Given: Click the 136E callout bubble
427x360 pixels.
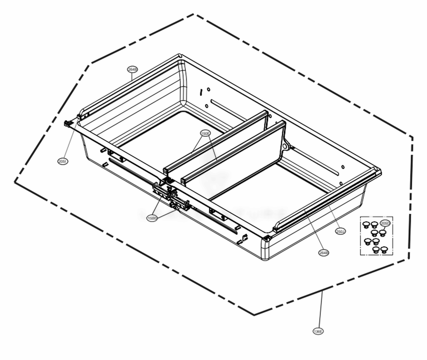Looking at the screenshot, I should pyautogui.click(x=318, y=331).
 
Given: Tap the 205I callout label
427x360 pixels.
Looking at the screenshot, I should pyautogui.click(x=62, y=161).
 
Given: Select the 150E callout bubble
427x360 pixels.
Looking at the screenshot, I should pyautogui.click(x=205, y=134).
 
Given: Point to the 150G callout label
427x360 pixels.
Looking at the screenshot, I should pyautogui.click(x=152, y=218).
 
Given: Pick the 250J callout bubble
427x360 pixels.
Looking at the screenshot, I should pyautogui.click(x=340, y=231).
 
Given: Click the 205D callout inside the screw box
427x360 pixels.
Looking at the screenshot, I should pyautogui.click(x=385, y=224).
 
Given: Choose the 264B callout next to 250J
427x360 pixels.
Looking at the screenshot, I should pyautogui.click(x=324, y=253).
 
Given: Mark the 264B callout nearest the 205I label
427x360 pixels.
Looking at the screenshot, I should pyautogui.click(x=132, y=69).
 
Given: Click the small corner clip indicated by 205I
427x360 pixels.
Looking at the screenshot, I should pyautogui.click(x=67, y=123).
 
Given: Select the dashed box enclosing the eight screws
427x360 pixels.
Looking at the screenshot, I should pyautogui.click(x=376, y=236).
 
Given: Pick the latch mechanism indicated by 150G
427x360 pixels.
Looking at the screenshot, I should pyautogui.click(x=173, y=197).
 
